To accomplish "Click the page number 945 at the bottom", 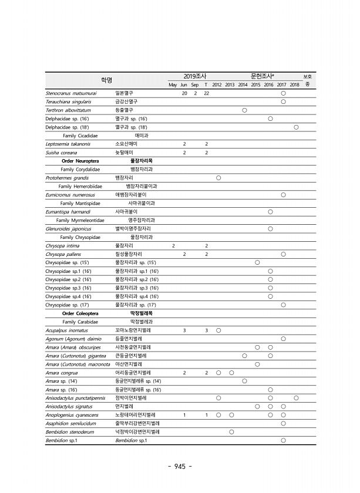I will (x=180, y=467).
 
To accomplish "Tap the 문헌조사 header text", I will (x=263, y=76).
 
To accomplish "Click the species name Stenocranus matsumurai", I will (x=71, y=93).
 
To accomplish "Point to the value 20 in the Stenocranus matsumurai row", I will (x=184, y=93).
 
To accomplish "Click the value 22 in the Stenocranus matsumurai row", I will (x=206, y=93).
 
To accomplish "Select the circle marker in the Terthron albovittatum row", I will (x=244, y=110).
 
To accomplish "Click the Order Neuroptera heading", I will (x=80, y=160).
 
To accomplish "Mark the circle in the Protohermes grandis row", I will (x=218, y=177).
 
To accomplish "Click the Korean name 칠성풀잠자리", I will (x=129, y=254).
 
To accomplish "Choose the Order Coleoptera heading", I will (x=80, y=313).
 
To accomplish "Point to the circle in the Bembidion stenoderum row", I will (x=231, y=432).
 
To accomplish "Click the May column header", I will (x=173, y=85).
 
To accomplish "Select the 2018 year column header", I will (x=295, y=85).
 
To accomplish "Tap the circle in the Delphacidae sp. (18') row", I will (x=296, y=127).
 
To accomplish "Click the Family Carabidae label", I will (x=80, y=322).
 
